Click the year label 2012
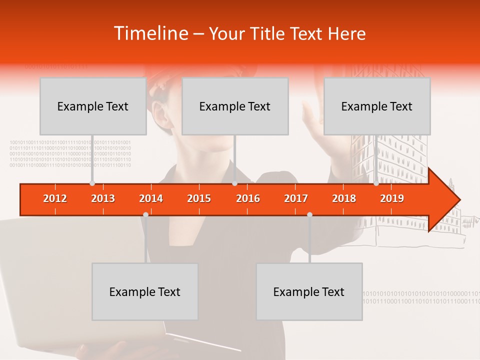pyautogui.click(x=55, y=198)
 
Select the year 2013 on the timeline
pyautogui.click(x=103, y=198)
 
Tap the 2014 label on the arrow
pyautogui.click(x=151, y=198)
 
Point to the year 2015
pyautogui.click(x=199, y=198)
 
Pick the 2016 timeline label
pyautogui.click(x=248, y=198)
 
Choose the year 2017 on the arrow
pyautogui.click(x=296, y=198)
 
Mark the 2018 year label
pyautogui.click(x=344, y=198)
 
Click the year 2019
pyautogui.click(x=392, y=198)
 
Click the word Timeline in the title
pyautogui.click(x=150, y=33)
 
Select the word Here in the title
pyautogui.click(x=346, y=33)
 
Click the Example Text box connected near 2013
pyautogui.click(x=93, y=106)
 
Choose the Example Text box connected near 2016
pyautogui.click(x=235, y=106)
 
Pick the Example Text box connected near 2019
pyautogui.click(x=377, y=106)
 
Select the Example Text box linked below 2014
pyautogui.click(x=145, y=291)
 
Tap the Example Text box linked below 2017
pyautogui.click(x=309, y=291)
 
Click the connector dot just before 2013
pyautogui.click(x=92, y=183)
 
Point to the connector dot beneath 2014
pyautogui.click(x=145, y=214)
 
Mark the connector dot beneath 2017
pyautogui.click(x=309, y=214)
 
